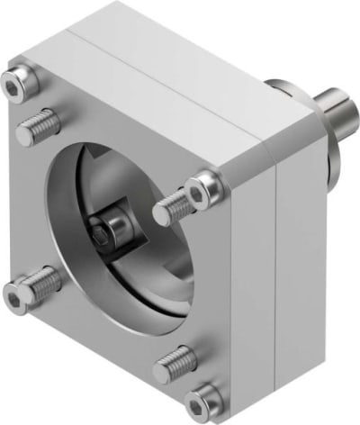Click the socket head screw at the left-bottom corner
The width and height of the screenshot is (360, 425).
coord(20,293)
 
